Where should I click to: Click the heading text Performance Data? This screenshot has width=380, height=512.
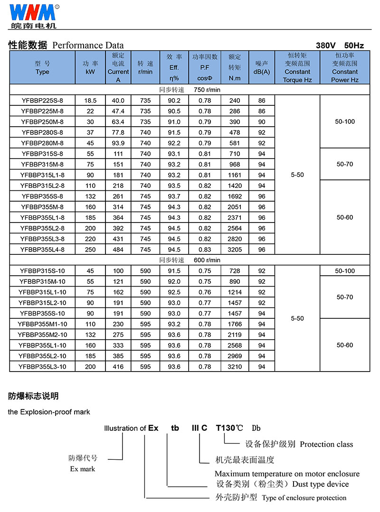pos(87,46)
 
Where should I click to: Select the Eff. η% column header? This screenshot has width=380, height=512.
pos(174,67)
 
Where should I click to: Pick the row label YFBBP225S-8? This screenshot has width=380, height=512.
pos(42,101)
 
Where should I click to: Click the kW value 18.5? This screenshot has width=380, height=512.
pos(90,101)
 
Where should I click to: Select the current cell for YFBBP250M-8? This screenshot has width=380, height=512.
pos(118,122)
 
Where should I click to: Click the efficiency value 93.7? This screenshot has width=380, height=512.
pos(174,196)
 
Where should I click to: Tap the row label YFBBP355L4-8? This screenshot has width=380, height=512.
pos(42,250)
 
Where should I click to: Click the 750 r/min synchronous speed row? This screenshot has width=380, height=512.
pos(190,90)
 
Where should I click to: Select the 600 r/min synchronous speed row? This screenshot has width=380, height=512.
pos(190,260)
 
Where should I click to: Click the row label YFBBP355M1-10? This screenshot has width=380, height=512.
pos(42,324)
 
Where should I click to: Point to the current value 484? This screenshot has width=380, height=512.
pos(118,250)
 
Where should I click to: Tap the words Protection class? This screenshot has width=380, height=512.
pos(326,445)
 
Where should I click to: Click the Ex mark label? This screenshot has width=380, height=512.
pos(83,469)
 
